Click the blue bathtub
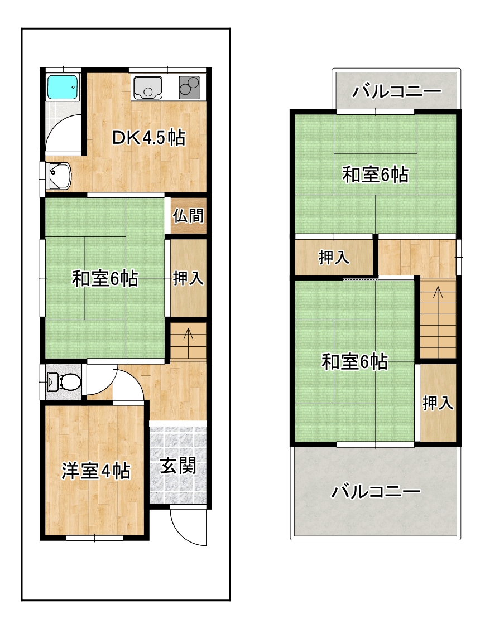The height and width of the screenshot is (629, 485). [63, 86]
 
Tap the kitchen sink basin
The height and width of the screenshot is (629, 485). [148, 88]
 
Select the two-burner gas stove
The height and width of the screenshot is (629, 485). [189, 87]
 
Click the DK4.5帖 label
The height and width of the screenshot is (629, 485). [148, 138]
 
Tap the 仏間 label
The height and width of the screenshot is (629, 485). [188, 216]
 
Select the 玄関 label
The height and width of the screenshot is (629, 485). [178, 466]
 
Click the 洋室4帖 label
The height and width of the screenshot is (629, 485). [95, 471]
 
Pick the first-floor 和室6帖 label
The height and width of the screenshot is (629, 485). [105, 278]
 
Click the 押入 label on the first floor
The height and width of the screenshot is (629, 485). [188, 278]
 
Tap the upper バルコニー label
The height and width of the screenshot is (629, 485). [397, 91]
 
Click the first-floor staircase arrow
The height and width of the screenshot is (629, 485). [188, 339]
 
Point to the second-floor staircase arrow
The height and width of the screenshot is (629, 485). [438, 298]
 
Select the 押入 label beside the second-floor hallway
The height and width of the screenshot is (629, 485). [334, 258]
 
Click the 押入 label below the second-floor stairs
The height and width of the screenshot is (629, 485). [438, 403]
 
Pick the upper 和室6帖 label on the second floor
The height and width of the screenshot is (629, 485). [376, 175]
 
